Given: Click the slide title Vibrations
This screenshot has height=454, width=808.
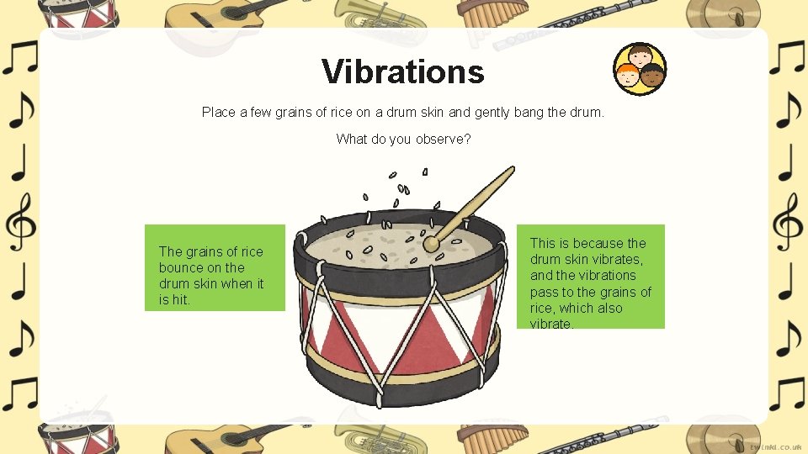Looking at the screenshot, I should coord(402,71).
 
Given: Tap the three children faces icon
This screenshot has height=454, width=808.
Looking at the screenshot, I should coord(640,68).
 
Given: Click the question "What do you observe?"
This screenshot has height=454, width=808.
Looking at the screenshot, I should coord(403,139).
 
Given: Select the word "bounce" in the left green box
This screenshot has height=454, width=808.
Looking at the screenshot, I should coord(180,267).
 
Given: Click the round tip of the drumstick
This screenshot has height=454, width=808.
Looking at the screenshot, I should coord(431,245).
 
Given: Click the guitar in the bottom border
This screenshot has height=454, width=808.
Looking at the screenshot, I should coord(210,437).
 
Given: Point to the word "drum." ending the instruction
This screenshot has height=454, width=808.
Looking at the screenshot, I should coord(587,112).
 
